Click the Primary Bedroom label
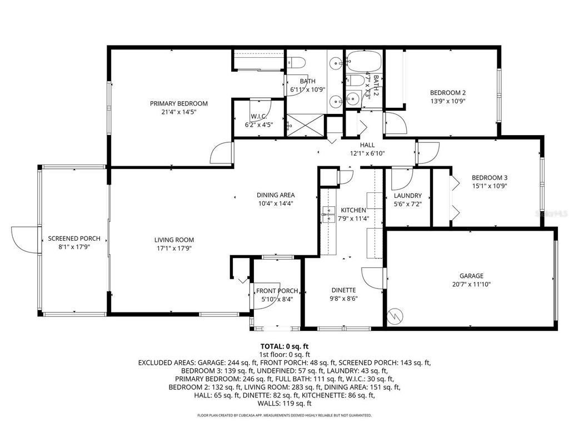click(x=178, y=103)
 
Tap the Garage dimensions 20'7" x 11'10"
click(x=471, y=284)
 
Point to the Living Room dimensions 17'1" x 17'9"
click(x=174, y=249)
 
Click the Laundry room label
click(x=407, y=196)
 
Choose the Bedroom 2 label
click(x=447, y=93)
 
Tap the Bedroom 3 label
click(x=490, y=178)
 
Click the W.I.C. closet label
click(x=259, y=116)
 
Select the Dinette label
click(x=343, y=290)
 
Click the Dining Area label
click(x=276, y=195)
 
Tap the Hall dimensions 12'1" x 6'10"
click(x=367, y=153)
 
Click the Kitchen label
click(x=353, y=210)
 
